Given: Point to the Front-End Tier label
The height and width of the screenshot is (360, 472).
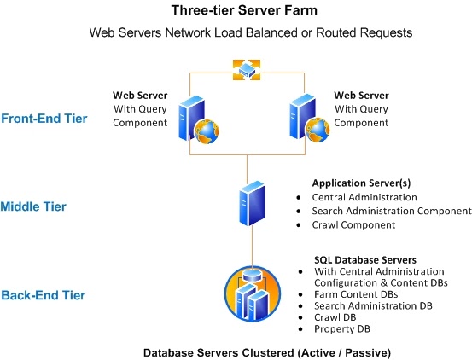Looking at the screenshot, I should (44, 119).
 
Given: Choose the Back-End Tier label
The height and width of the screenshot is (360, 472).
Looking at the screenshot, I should (43, 296).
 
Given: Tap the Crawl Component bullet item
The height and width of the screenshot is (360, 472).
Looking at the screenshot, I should (353, 224).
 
